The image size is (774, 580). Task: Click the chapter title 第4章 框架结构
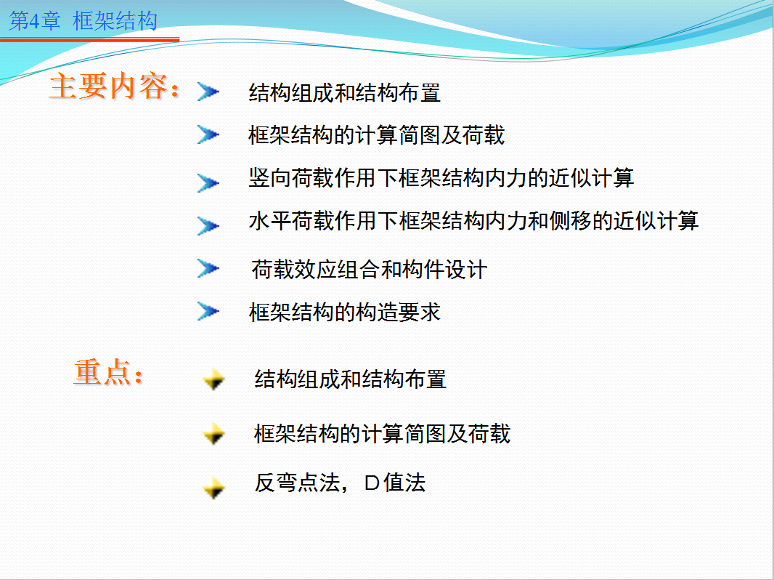(83, 21)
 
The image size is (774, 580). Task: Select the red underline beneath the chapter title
(89, 39)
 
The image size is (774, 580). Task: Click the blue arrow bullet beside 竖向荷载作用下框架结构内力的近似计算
(208, 182)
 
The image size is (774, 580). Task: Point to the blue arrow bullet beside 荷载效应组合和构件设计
(208, 268)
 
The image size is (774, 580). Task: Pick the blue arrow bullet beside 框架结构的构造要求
(208, 311)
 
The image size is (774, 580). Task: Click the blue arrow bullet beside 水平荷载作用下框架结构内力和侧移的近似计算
(208, 226)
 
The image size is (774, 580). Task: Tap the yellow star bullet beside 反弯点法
(213, 488)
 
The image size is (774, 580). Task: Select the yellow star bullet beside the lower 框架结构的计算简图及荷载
(213, 434)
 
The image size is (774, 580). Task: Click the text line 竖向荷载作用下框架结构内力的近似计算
(441, 178)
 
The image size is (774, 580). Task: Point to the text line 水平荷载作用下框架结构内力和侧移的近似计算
(473, 221)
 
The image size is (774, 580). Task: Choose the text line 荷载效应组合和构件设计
(370, 270)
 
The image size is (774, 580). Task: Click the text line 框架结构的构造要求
(345, 313)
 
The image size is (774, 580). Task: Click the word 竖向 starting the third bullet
(270, 178)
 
